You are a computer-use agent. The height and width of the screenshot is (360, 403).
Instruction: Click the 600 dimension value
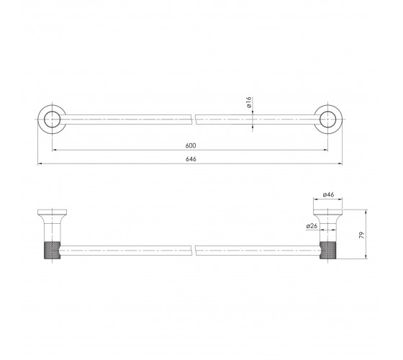(x=191, y=145)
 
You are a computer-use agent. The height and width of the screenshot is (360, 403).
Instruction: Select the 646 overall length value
(x=191, y=159)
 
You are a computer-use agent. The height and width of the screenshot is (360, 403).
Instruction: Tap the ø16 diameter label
(x=248, y=102)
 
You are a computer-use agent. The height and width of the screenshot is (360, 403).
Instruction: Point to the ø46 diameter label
(x=328, y=194)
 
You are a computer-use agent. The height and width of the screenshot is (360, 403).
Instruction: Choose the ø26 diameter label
(x=312, y=226)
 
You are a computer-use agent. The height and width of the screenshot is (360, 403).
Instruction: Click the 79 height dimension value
(x=362, y=235)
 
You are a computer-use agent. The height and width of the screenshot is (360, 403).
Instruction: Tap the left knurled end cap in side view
(x=52, y=250)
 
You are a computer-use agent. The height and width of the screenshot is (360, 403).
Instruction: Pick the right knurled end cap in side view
(x=327, y=250)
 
